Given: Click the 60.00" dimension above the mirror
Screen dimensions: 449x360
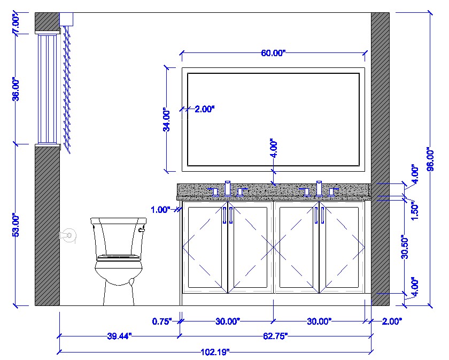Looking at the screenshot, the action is coord(273,53).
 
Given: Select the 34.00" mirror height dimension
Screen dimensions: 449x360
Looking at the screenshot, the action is coord(167,121).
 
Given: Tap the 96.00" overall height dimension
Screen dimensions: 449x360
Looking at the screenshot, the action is coord(430,160).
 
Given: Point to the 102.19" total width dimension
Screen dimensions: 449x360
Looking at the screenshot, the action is coord(215,351).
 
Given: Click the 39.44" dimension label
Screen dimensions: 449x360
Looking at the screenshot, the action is coord(119,336).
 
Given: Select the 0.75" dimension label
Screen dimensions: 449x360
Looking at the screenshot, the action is coord(162,321).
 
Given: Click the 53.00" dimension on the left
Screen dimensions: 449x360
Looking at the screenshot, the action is coord(17,226).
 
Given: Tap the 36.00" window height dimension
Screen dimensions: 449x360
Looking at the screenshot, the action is coord(17,90).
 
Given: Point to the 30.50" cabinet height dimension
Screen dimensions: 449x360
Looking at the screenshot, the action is coord(405,247).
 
